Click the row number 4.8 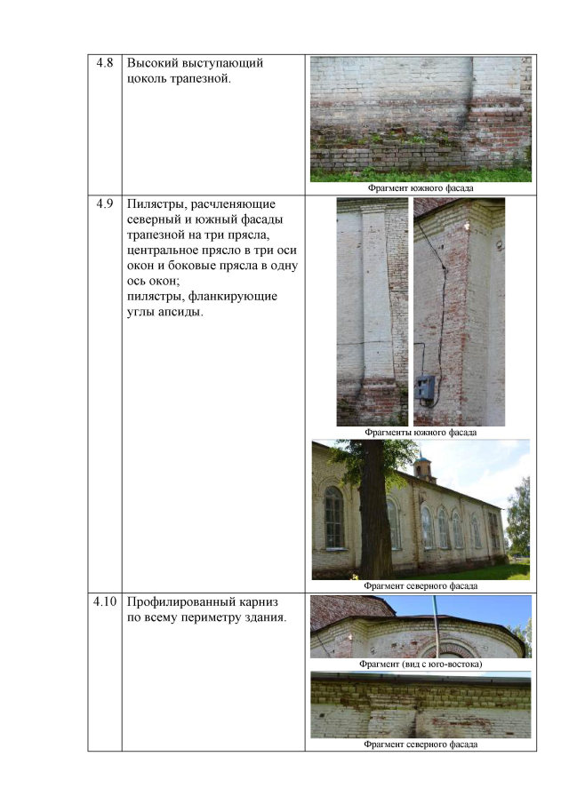[x=105, y=63]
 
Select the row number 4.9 [x=105, y=204]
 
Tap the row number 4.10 [x=105, y=601]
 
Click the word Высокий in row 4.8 [x=152, y=63]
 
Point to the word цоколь [x=147, y=79]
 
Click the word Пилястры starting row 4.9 [x=157, y=204]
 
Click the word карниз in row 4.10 [x=259, y=602]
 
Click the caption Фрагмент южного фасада [x=421, y=188]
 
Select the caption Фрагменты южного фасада [x=421, y=433]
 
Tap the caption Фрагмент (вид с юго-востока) [x=421, y=664]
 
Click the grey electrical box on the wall [x=425, y=387]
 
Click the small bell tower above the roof [x=423, y=464]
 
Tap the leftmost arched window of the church [x=334, y=517]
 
